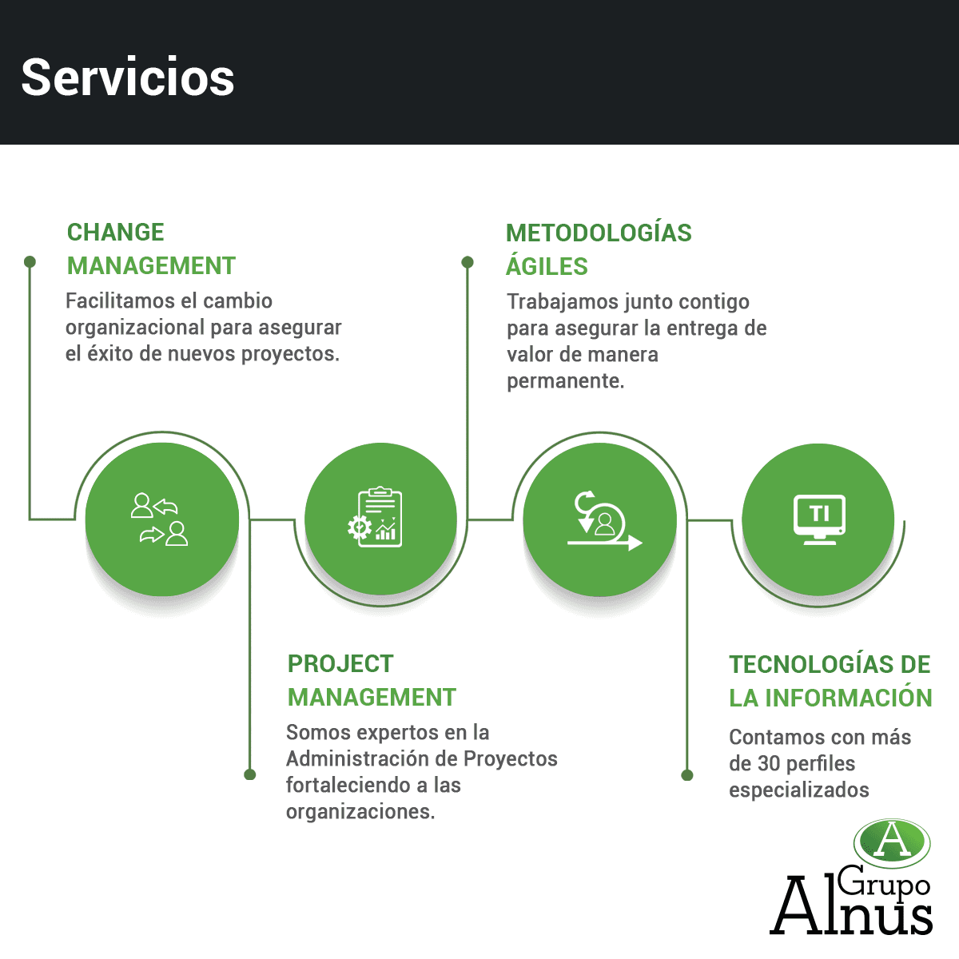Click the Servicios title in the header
pos(128,78)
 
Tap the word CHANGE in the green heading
pos(115,233)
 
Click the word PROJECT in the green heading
pos(340,664)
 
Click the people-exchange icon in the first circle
pos(159,519)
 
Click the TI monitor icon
pos(819,519)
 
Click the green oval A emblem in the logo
pos(892,842)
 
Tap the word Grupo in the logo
pos(883,883)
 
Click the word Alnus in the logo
pos(851,907)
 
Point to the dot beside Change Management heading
pos(30,262)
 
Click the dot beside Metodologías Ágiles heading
pos(468,262)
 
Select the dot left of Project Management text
pos(250,774)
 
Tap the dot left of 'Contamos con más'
pos(687,775)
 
